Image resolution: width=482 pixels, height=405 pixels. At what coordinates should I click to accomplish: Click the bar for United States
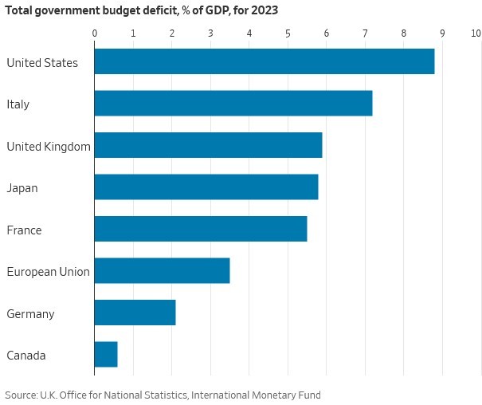tap(264, 61)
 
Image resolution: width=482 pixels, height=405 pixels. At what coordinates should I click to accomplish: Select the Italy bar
tap(233, 104)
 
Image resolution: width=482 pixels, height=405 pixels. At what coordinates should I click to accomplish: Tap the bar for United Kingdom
tap(208, 145)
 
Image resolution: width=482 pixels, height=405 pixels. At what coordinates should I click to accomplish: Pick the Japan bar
tap(206, 187)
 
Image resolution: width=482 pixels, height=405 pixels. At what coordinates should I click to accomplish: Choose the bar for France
tap(200, 229)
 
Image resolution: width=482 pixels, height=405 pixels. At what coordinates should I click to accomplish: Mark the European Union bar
tap(162, 271)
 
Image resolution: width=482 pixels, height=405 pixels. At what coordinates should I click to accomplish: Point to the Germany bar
tap(135, 313)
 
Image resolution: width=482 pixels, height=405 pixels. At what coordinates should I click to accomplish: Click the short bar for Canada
tap(106, 355)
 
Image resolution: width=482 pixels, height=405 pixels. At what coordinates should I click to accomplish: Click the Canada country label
tap(26, 356)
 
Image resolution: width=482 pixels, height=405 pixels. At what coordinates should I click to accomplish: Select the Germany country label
tap(30, 313)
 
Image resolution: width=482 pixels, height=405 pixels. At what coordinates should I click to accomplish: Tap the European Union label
tap(48, 272)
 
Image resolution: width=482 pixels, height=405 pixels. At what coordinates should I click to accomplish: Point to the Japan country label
tap(22, 188)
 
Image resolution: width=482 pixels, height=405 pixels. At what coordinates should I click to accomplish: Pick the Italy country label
tap(18, 104)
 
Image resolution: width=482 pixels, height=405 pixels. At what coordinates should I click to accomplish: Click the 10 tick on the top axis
tap(476, 33)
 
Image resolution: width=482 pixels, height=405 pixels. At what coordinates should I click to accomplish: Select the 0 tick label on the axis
tap(95, 33)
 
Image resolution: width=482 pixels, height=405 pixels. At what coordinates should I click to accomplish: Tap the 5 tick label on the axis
tap(288, 33)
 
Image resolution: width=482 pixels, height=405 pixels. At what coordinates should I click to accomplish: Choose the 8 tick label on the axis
tap(404, 33)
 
